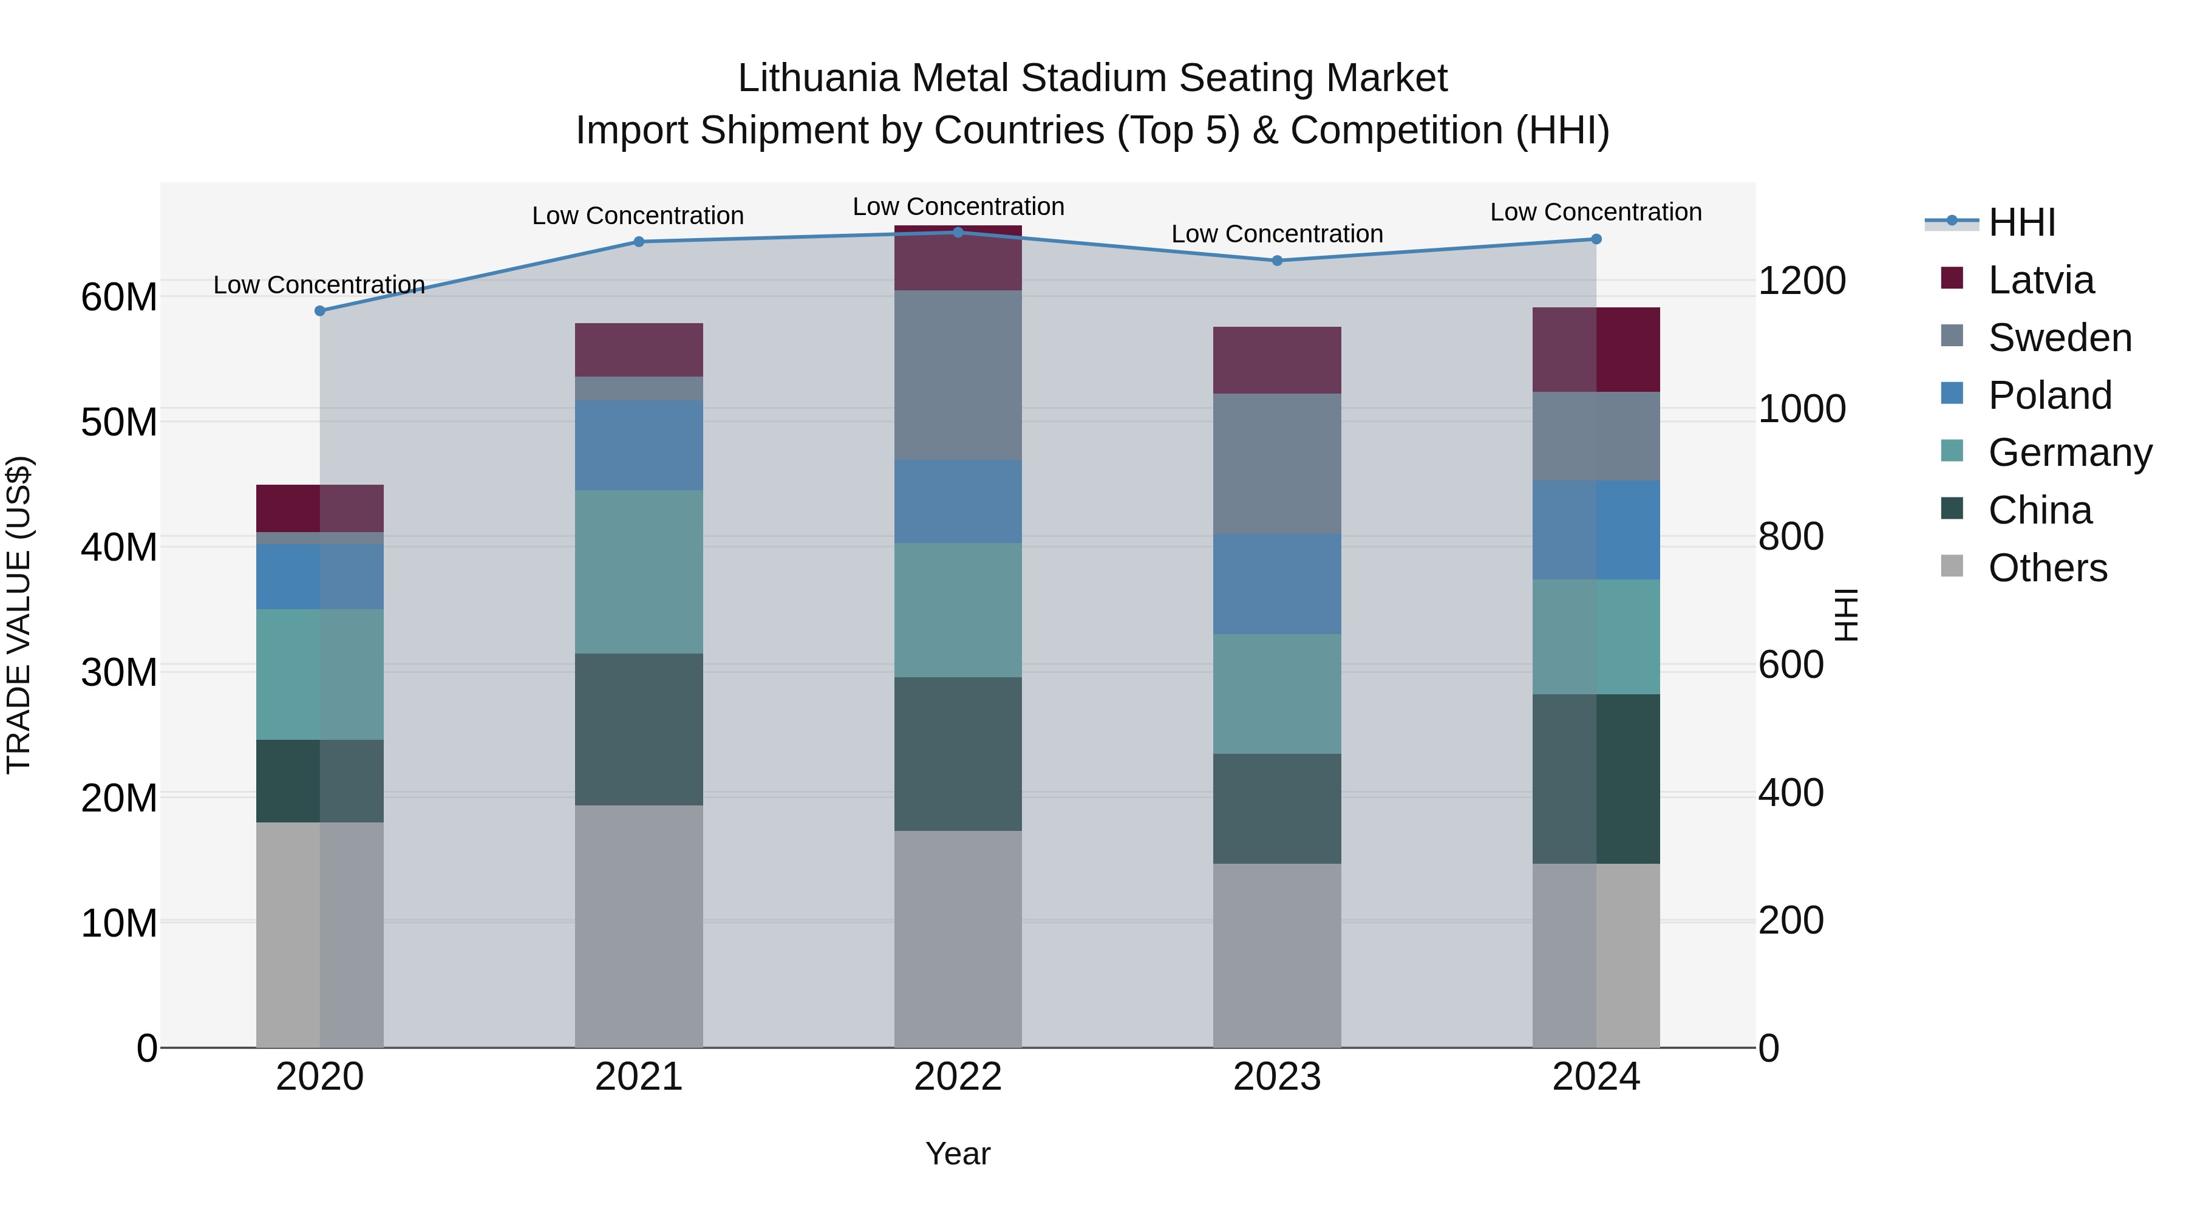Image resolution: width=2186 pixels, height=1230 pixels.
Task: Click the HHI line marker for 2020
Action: (320, 310)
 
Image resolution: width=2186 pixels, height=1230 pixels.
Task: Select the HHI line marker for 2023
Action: (1277, 261)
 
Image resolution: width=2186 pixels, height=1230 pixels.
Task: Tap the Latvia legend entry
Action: (2040, 280)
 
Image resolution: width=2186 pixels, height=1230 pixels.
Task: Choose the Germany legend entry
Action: (2069, 453)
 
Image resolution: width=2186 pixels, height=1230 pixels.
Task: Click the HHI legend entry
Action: (2021, 222)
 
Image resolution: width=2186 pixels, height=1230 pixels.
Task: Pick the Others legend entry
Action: (2047, 568)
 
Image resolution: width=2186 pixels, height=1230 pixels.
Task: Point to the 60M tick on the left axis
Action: (119, 297)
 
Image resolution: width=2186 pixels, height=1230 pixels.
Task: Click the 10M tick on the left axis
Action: (119, 923)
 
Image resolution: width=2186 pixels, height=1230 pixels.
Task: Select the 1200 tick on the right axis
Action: (1802, 281)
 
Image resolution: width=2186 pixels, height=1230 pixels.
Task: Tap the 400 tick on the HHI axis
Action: (1791, 793)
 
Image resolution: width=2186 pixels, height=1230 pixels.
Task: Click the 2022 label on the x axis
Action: (958, 1077)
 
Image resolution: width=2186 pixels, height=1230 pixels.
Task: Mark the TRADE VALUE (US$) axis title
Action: (19, 615)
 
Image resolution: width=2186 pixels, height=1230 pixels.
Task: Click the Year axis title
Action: (958, 1153)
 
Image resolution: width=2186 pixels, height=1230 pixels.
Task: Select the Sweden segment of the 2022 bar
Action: (958, 375)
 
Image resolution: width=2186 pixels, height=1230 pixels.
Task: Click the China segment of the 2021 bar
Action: (639, 729)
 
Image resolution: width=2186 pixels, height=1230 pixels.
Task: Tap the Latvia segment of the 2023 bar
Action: (1277, 360)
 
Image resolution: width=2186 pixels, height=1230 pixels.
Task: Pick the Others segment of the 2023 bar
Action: (1277, 955)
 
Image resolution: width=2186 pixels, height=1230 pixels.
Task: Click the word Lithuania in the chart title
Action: (818, 78)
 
